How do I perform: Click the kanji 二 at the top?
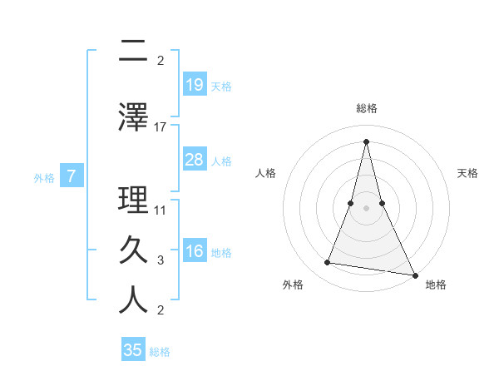(x=133, y=52)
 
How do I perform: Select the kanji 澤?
(x=133, y=116)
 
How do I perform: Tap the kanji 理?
(x=133, y=200)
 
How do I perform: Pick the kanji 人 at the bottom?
(x=133, y=300)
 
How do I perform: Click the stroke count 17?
(x=161, y=126)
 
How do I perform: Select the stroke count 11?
(x=161, y=210)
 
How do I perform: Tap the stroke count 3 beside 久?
(x=161, y=260)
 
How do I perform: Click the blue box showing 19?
(x=194, y=85)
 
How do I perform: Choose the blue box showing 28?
(x=194, y=160)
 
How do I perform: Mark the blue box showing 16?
(x=194, y=252)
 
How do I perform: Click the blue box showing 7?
(x=72, y=176)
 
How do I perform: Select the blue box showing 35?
(x=133, y=350)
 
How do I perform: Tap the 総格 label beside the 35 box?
(x=161, y=352)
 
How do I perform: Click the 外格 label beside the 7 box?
(x=44, y=177)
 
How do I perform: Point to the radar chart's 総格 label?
(x=366, y=108)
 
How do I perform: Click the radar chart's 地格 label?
(x=436, y=285)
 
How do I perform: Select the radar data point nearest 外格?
(x=328, y=263)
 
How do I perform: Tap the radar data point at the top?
(x=366, y=141)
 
